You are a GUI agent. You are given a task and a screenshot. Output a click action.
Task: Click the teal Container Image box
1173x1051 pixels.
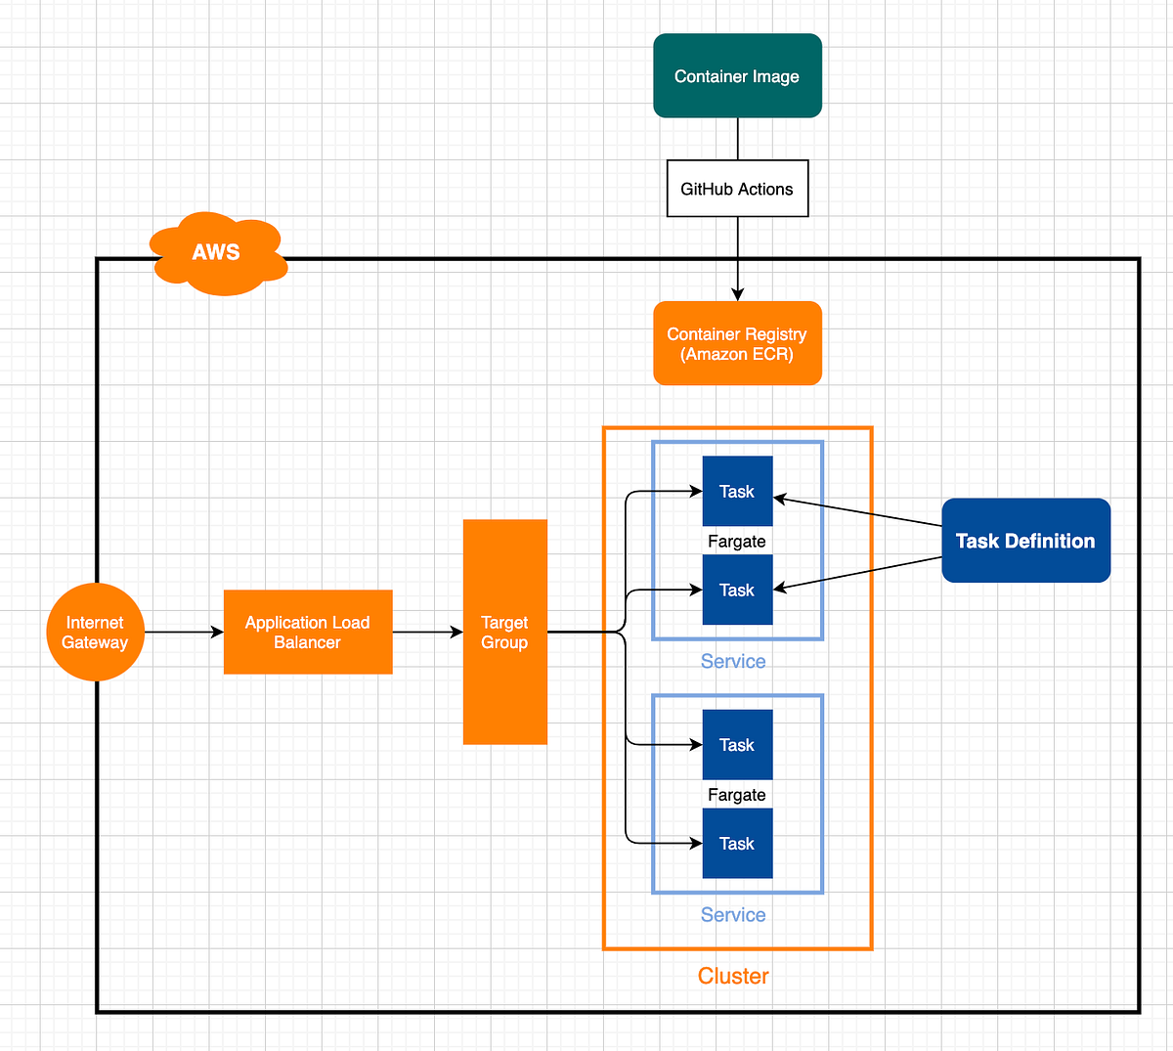point(737,76)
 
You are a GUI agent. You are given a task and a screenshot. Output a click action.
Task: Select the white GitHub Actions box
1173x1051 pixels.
point(737,189)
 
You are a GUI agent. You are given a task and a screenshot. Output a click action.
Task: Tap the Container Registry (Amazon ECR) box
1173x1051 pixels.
point(737,343)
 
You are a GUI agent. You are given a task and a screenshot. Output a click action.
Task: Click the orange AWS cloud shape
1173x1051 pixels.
point(217,253)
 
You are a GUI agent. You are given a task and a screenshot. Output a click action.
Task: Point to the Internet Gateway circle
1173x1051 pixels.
point(95,633)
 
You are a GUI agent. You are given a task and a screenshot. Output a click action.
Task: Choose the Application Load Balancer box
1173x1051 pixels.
point(308,633)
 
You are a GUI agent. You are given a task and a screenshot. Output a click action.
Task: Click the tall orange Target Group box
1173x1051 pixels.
point(504,633)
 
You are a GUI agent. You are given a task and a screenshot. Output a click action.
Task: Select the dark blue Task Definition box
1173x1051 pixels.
point(1025,541)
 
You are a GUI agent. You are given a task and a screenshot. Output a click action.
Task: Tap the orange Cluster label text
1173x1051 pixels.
point(733,976)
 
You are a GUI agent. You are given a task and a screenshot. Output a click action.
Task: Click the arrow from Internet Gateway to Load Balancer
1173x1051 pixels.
point(184,633)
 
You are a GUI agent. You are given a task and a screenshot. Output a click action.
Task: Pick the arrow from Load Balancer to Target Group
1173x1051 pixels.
point(427,633)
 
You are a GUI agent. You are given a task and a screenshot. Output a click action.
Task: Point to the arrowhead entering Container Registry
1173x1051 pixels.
point(738,293)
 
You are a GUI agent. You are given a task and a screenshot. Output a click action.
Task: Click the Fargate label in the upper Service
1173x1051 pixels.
point(737,542)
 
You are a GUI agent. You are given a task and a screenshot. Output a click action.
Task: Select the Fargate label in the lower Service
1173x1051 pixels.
point(737,795)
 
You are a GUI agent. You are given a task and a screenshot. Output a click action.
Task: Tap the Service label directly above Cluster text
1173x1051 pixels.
point(733,915)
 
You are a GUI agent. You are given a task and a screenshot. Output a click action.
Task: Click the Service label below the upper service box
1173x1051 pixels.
point(733,662)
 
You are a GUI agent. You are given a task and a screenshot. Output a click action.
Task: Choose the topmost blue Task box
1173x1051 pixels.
point(737,492)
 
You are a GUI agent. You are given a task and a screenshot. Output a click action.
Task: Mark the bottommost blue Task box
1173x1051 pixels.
point(737,844)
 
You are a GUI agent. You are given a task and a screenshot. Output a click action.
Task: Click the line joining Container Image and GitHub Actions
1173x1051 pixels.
point(738,139)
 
